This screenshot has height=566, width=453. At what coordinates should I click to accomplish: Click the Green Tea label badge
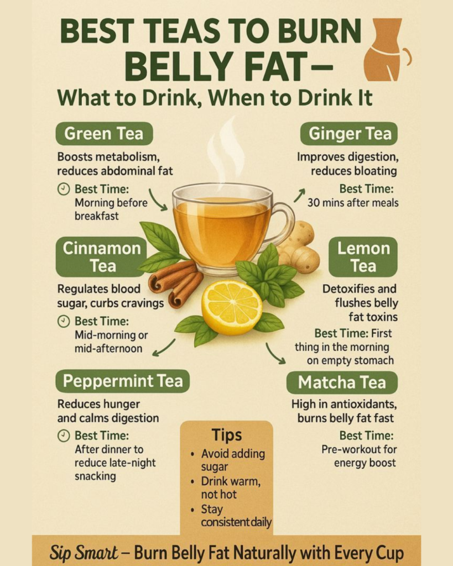104,134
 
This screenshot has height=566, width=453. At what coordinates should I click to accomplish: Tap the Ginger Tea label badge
349,134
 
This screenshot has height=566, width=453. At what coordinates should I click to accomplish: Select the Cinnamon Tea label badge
101,256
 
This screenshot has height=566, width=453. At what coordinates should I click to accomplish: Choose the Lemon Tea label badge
363,256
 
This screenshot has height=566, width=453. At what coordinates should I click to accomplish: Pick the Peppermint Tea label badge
122,381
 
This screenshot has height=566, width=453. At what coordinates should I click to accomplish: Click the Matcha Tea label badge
342,382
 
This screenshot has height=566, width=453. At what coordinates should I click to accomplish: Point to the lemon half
232,302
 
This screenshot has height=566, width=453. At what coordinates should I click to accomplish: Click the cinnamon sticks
176,284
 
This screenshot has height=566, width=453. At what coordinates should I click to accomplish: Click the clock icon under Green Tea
64,189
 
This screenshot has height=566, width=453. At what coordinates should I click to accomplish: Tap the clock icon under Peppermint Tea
64,436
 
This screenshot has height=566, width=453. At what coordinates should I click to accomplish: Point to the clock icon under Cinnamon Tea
64,321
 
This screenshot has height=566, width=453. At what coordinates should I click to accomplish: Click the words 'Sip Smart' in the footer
84,552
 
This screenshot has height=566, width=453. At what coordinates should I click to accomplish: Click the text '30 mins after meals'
353,203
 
